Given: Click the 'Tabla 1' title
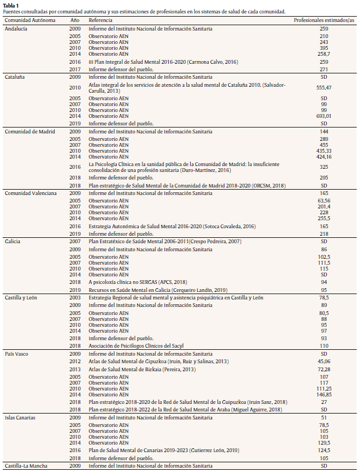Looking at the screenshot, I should tap(11, 5).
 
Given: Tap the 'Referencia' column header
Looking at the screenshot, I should tap(101, 19).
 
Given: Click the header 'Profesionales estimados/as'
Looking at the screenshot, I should tap(324, 19).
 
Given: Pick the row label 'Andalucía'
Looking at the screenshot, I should tap(17, 28).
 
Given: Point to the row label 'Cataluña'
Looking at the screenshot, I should tap(15, 77).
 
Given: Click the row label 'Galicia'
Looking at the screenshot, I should tap(13, 242).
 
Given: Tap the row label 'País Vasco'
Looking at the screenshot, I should tap(17, 354).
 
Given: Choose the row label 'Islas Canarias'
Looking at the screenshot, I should tap(20, 417).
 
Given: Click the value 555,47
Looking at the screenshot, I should tap(324, 87).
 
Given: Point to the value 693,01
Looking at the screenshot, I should tap(324, 116).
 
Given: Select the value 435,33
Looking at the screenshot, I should tap(324, 151).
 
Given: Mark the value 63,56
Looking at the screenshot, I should tap(324, 201).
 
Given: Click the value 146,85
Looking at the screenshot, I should tap(324, 394).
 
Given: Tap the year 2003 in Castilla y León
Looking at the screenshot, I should tap(75, 297).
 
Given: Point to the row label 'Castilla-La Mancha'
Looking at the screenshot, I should tap(26, 466).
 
